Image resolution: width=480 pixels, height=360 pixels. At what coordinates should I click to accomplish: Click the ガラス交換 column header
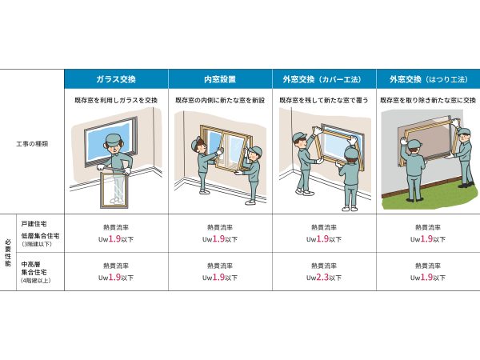pos(116,79)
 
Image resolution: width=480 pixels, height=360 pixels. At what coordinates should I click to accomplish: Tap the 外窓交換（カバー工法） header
pos(322,79)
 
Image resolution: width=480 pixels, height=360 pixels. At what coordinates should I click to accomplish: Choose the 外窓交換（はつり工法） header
pos(427,79)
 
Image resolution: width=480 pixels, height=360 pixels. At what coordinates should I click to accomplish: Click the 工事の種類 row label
pos(32,144)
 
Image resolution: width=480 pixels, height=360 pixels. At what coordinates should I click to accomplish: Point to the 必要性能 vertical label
pos(8,252)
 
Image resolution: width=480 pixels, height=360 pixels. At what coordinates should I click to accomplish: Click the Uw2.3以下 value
pos(324,278)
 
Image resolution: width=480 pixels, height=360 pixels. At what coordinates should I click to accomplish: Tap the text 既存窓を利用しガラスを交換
pos(116,100)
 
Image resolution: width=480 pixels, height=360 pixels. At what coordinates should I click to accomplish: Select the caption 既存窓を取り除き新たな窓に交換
pos(427,100)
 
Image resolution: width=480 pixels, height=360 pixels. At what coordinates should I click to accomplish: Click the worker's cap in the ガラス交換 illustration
pos(114,139)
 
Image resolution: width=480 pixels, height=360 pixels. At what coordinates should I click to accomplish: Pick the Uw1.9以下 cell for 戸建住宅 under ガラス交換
pos(116,238)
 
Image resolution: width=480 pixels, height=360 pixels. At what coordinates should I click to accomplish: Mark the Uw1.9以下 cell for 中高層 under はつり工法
pos(427,278)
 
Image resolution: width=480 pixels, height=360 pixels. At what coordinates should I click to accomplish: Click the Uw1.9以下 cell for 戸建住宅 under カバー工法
pos(324,238)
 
